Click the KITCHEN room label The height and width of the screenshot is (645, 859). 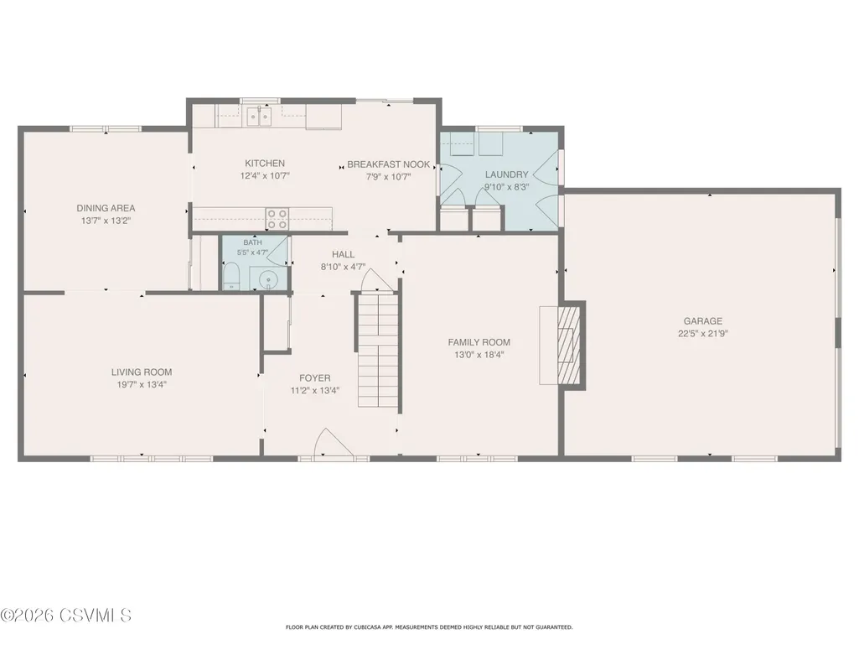[x=265, y=164]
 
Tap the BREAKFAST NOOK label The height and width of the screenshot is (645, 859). [x=388, y=164]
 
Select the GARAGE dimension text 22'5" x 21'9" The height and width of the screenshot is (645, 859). [x=703, y=334]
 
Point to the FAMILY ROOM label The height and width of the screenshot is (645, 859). [x=479, y=342]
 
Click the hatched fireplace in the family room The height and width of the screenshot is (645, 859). [x=568, y=346]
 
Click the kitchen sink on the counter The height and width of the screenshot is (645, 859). [x=259, y=117]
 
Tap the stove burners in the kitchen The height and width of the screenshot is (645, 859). [x=277, y=218]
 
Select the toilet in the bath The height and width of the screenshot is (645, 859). [x=231, y=277]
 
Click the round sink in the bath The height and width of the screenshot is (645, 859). [x=268, y=279]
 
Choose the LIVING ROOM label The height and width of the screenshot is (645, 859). [x=142, y=372]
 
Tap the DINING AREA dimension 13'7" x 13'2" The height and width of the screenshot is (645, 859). [x=106, y=221]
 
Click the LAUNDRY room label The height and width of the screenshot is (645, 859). [x=506, y=174]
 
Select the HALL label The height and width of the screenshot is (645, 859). [x=343, y=254]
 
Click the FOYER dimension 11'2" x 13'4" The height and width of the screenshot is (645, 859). [x=315, y=391]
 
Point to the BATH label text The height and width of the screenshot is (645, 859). [x=252, y=242]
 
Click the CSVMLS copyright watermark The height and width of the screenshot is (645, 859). [x=65, y=616]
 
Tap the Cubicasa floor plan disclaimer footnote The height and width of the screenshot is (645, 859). [x=429, y=627]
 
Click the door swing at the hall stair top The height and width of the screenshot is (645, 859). [x=377, y=280]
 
